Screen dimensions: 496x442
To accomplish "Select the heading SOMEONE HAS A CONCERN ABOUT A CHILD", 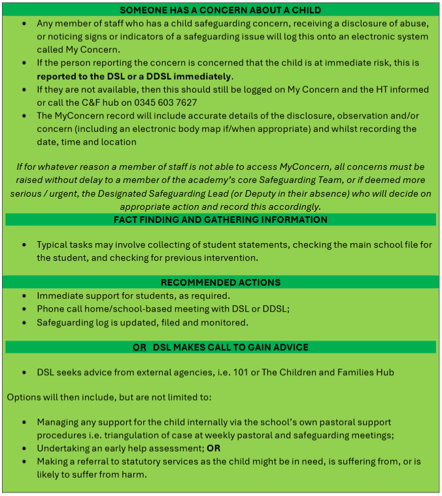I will coord(220,10).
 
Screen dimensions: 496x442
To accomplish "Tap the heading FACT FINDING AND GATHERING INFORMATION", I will coord(220,220).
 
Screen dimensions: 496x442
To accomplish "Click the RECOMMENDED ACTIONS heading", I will coord(220,282).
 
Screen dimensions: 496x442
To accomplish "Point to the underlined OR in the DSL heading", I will coord(139,347).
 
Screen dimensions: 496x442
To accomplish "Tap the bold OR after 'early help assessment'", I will coord(214,449).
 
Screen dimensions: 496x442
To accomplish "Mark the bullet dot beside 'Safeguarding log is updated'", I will coord(24,322).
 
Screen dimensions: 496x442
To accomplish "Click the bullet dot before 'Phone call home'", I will coord(24,309).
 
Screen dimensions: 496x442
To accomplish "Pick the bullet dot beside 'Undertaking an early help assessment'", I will coord(24,449).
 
